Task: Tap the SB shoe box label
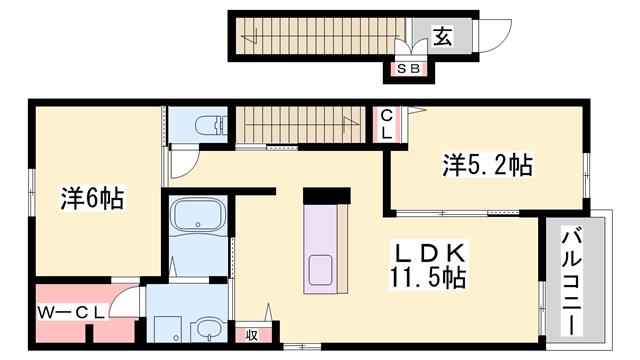(408, 69)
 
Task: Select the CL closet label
(385, 126)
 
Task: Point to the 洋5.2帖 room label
(487, 164)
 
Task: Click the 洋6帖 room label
(91, 198)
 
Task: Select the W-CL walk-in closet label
(72, 311)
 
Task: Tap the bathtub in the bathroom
(200, 220)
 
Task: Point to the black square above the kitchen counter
(326, 195)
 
